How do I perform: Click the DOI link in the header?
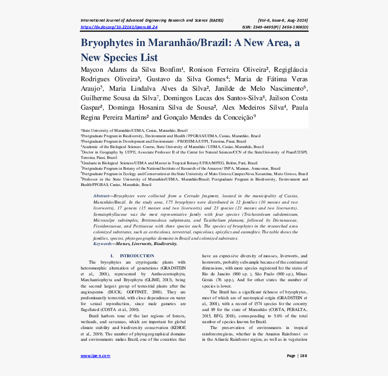pos(119,27)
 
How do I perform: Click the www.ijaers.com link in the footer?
pos(95,356)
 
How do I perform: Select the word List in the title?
pos(149,58)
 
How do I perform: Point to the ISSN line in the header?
pos(275,27)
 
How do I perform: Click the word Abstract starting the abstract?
pos(102,196)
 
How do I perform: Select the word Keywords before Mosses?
pos(103,244)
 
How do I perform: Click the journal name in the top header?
pos(152,20)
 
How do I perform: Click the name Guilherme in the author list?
pos(99,98)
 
